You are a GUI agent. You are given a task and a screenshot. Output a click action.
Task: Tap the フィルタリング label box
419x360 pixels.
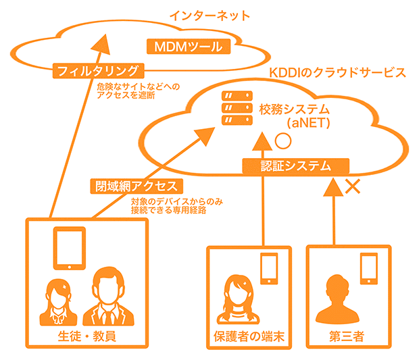click(x=98, y=70)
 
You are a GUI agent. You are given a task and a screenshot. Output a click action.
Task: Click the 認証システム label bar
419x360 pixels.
click(x=295, y=165)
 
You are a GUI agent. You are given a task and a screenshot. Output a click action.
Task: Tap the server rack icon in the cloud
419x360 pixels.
click(x=233, y=108)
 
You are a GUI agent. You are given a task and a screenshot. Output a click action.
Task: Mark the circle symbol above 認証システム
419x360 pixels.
click(x=282, y=142)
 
